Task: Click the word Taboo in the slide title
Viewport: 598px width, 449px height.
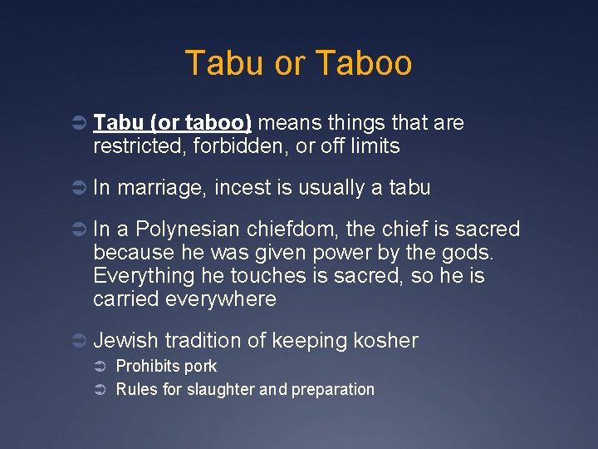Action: (x=365, y=63)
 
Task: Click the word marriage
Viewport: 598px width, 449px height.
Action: (x=162, y=189)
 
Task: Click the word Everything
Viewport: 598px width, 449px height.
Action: (x=143, y=276)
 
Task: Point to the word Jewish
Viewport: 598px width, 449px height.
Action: (x=126, y=340)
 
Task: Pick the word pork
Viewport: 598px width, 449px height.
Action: (x=201, y=367)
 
